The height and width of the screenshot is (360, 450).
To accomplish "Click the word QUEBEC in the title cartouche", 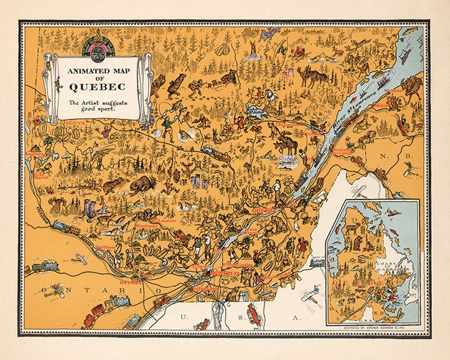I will pos(96,86).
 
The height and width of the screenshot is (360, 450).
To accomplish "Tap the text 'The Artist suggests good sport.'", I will pos(96,104).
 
